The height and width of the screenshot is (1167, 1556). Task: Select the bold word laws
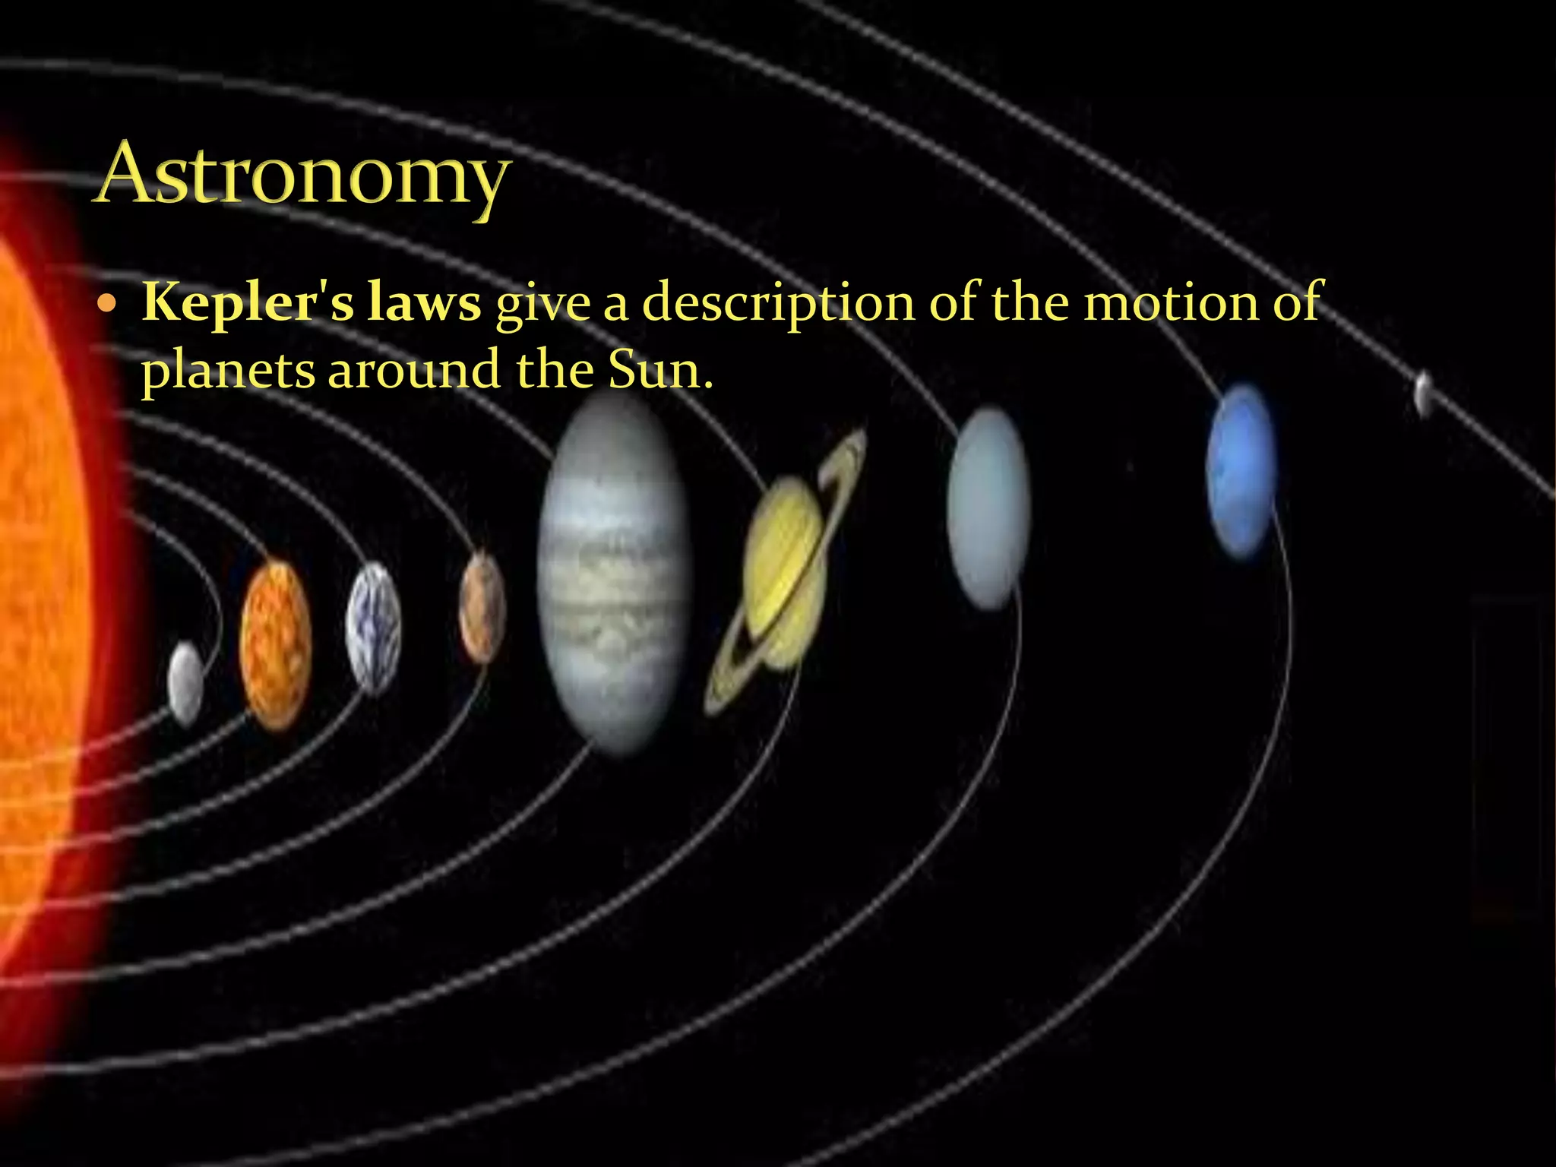pyautogui.click(x=423, y=302)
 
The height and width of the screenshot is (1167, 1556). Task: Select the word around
pyautogui.click(x=414, y=371)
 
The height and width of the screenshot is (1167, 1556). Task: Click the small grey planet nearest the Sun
pyautogui.click(x=185, y=682)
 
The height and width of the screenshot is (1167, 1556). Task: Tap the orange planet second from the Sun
pyautogui.click(x=275, y=645)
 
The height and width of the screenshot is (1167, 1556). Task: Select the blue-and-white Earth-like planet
pyautogui.click(x=373, y=628)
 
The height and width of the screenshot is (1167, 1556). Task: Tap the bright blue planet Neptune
pyautogui.click(x=1241, y=471)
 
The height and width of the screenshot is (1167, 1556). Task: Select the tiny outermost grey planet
pyautogui.click(x=1424, y=393)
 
